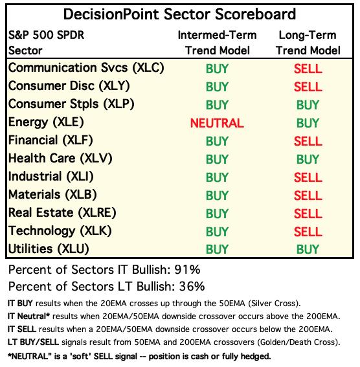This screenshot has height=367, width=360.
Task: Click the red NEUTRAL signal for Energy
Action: point(217,123)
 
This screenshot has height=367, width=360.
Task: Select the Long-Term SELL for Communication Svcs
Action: point(308,69)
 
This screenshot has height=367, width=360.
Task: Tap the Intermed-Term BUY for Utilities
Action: point(217,249)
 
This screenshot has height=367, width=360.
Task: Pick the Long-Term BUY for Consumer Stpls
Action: point(308,105)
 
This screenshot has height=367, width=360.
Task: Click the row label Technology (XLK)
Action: point(60,231)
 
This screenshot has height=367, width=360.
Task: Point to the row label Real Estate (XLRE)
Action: point(62,213)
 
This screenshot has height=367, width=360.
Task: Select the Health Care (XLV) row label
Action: point(60,159)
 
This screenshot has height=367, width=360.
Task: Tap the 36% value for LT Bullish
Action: point(192,287)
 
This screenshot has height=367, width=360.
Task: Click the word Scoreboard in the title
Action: point(255,14)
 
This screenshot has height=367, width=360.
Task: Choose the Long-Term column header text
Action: point(308,36)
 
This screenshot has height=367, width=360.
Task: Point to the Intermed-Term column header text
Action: point(217,36)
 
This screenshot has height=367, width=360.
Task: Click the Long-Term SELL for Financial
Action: point(308,141)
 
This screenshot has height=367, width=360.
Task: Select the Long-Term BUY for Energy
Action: point(308,123)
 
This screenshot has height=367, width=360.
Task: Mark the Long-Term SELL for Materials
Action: point(308,195)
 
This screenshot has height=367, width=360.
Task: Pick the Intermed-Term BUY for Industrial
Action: point(217,177)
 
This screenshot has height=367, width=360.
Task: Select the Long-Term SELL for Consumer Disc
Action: point(308,87)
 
